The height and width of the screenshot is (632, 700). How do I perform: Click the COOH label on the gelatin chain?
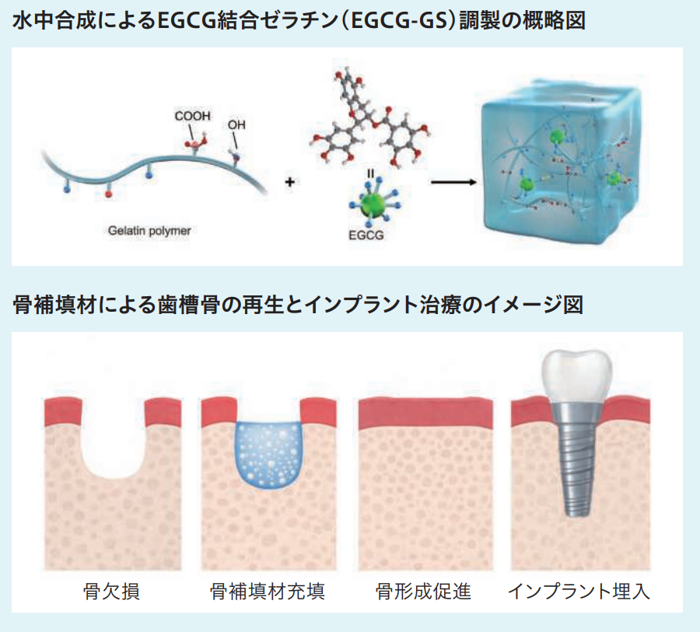click(x=192, y=116)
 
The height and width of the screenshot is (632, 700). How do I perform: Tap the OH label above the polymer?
click(x=236, y=124)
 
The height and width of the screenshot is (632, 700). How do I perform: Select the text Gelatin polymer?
click(x=149, y=231)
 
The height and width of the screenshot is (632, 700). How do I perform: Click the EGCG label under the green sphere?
click(x=366, y=236)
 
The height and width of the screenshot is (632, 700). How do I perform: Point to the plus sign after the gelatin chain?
click(x=290, y=182)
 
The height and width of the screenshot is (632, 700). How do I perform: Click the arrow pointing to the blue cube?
click(x=453, y=182)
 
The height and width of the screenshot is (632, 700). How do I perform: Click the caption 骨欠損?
click(x=111, y=592)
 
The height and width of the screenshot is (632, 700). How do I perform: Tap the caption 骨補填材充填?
click(x=268, y=592)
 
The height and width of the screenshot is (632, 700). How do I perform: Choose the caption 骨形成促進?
click(x=424, y=592)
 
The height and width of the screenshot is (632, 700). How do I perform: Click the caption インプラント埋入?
click(x=579, y=592)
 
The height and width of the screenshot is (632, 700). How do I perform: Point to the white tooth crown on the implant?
click(x=575, y=375)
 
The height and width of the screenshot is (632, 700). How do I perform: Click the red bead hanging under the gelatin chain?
click(x=107, y=194)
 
